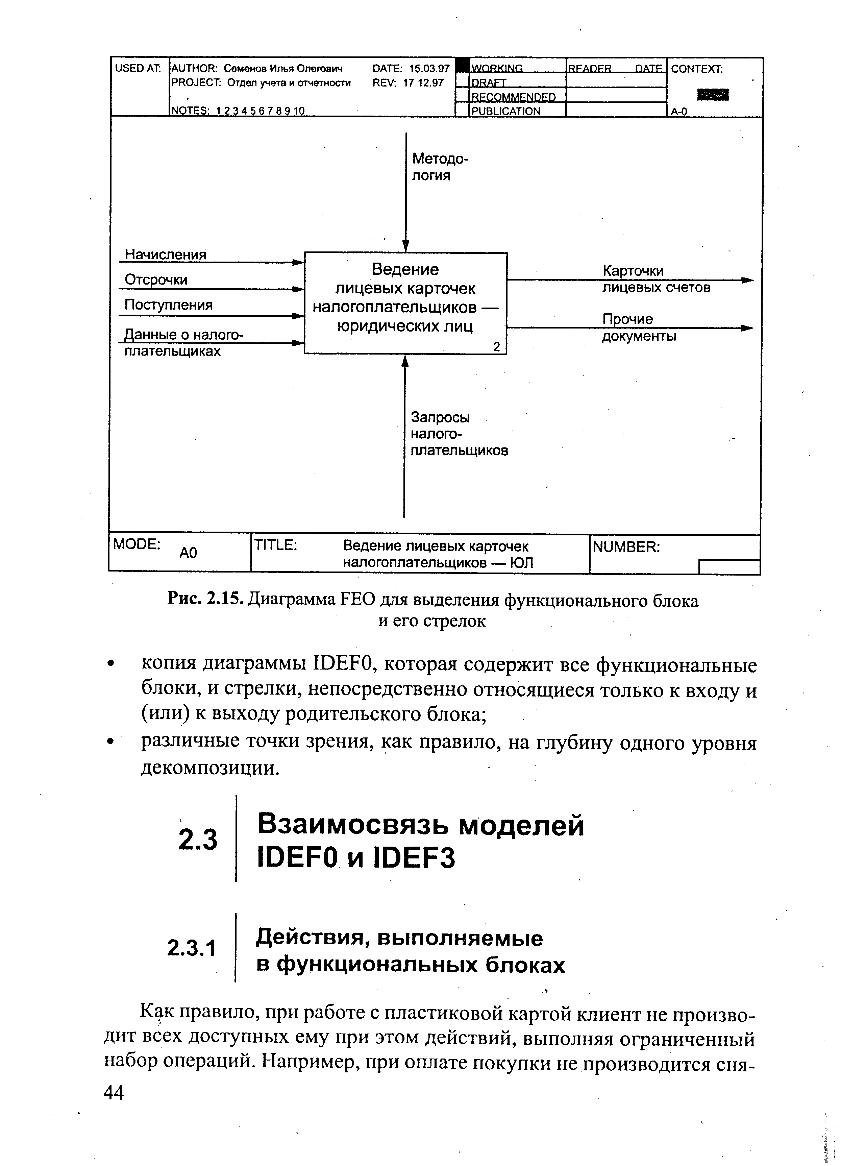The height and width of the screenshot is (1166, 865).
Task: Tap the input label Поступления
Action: point(169,305)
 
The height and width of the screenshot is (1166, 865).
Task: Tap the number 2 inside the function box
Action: point(496,347)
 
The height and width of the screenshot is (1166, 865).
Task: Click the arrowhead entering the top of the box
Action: point(405,246)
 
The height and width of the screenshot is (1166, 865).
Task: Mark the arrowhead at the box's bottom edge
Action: point(404,361)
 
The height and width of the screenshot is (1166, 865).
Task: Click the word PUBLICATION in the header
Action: point(506,111)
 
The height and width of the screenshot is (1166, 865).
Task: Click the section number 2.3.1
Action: point(191,948)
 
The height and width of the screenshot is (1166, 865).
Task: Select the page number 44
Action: point(114,1093)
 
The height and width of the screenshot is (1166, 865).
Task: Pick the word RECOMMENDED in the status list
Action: point(514,97)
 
